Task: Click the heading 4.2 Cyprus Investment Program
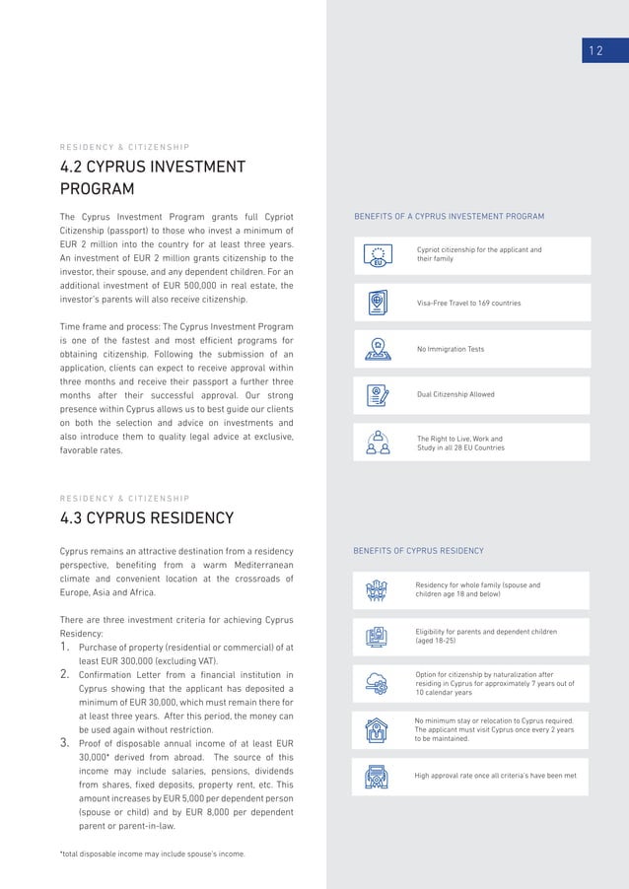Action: pyautogui.click(x=153, y=177)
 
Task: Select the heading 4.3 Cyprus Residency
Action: pyautogui.click(x=147, y=517)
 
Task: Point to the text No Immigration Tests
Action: pyautogui.click(x=451, y=349)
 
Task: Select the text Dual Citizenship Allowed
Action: pyautogui.click(x=455, y=394)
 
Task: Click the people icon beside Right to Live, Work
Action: pyautogui.click(x=378, y=442)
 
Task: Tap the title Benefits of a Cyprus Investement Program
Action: pyautogui.click(x=449, y=216)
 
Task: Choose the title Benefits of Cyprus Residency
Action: pyautogui.click(x=418, y=550)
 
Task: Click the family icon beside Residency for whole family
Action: pyautogui.click(x=377, y=590)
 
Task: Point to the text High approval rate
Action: pyautogui.click(x=496, y=776)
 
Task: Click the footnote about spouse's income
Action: pyautogui.click(x=153, y=854)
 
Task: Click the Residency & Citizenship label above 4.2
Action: pyautogui.click(x=125, y=148)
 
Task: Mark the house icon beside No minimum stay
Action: pyautogui.click(x=377, y=730)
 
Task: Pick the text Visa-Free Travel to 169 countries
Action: pyautogui.click(x=469, y=303)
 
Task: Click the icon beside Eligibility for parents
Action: pyautogui.click(x=377, y=637)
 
